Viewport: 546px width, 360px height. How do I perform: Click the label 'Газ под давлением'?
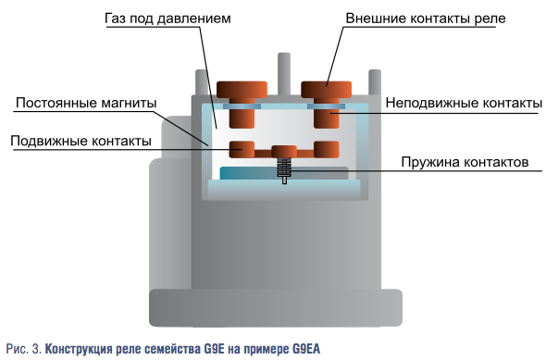pos(168,19)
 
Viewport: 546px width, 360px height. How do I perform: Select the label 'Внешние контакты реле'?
pos(426,19)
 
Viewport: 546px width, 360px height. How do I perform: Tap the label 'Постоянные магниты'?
pos(86,103)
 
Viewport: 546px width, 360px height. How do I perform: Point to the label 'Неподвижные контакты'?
pos(464,103)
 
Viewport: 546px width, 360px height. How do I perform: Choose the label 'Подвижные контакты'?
pos(81,141)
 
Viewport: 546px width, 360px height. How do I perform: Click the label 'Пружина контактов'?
pos(465,162)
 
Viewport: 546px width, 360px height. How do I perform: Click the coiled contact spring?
pos(284,168)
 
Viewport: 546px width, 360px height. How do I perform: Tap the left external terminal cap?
pos(242,90)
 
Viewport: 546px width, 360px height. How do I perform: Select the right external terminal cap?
pos(327,90)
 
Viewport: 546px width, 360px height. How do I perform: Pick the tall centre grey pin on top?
pos(284,73)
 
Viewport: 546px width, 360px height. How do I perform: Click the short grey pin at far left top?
pos(201,82)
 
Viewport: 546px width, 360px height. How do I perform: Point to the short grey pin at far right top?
pos(375,82)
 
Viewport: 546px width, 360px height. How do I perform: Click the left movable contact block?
pos(242,149)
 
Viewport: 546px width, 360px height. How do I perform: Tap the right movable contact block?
pos(327,149)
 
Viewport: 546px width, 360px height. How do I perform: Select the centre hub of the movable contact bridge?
pos(284,152)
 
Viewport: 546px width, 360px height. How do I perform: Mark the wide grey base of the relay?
pos(276,308)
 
